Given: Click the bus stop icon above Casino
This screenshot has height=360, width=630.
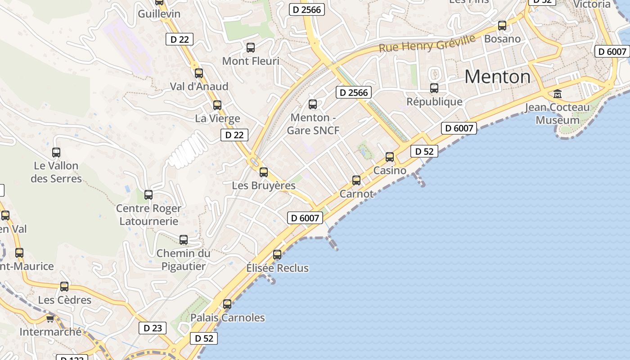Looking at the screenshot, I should click(390, 157).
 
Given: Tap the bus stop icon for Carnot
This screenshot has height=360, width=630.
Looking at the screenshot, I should click(356, 180).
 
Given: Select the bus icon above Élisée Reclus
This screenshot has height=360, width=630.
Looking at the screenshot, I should click(277, 254).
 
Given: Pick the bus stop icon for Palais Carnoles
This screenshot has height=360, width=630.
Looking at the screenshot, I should click(227, 304).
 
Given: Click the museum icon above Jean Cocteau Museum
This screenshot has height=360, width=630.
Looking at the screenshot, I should click(558, 94).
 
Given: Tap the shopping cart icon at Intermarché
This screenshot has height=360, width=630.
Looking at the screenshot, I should click(50, 319).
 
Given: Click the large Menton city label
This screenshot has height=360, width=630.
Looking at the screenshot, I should click(497, 76).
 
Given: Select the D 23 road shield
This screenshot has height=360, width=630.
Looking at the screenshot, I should click(153, 328).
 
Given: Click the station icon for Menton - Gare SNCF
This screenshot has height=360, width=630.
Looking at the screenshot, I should click(312, 104).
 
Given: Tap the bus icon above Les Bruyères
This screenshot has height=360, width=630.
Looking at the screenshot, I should click(264, 172).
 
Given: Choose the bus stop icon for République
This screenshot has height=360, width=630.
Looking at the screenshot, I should click(434, 88).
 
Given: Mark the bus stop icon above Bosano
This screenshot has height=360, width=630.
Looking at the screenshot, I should click(502, 26).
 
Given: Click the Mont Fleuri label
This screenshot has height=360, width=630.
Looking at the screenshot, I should click(251, 61).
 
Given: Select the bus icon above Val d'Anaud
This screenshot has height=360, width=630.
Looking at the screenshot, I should click(198, 73).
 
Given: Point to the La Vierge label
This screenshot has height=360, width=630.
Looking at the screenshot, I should click(217, 119).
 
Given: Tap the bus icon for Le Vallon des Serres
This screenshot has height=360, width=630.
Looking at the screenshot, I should click(56, 153).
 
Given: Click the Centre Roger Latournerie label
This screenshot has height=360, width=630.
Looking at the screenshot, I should click(148, 215).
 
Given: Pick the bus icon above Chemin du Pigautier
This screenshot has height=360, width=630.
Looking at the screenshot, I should click(184, 240).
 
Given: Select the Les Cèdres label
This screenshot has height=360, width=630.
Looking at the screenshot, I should click(64, 300).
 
